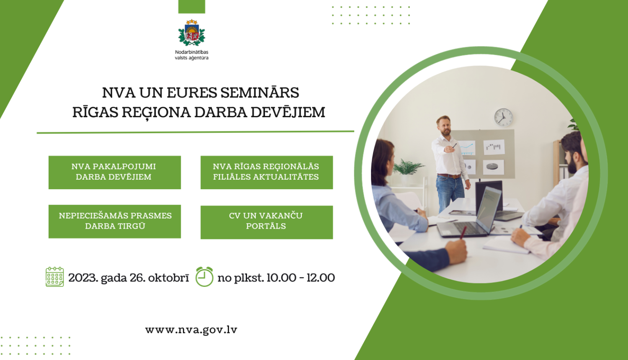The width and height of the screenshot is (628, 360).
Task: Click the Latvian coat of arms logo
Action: (191, 33)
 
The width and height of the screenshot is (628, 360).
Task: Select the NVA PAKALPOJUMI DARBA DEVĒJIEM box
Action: (114, 172)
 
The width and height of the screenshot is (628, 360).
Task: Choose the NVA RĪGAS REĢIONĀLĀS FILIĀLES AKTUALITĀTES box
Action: (266, 172)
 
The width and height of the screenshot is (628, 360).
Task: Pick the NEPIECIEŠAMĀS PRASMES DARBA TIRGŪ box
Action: (114, 221)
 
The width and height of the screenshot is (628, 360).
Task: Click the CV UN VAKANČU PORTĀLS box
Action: (266, 222)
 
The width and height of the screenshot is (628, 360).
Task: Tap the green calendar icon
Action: (54, 277)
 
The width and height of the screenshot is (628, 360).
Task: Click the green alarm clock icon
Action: (204, 277)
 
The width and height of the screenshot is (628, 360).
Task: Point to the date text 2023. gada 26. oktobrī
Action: (129, 278)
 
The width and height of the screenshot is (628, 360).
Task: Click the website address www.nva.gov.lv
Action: (191, 330)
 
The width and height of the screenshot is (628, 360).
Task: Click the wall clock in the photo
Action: (503, 117)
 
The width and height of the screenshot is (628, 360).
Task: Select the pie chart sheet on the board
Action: (493, 167)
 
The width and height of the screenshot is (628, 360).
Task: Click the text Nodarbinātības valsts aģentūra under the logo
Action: (191, 55)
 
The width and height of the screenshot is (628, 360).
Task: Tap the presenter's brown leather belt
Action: (449, 176)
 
